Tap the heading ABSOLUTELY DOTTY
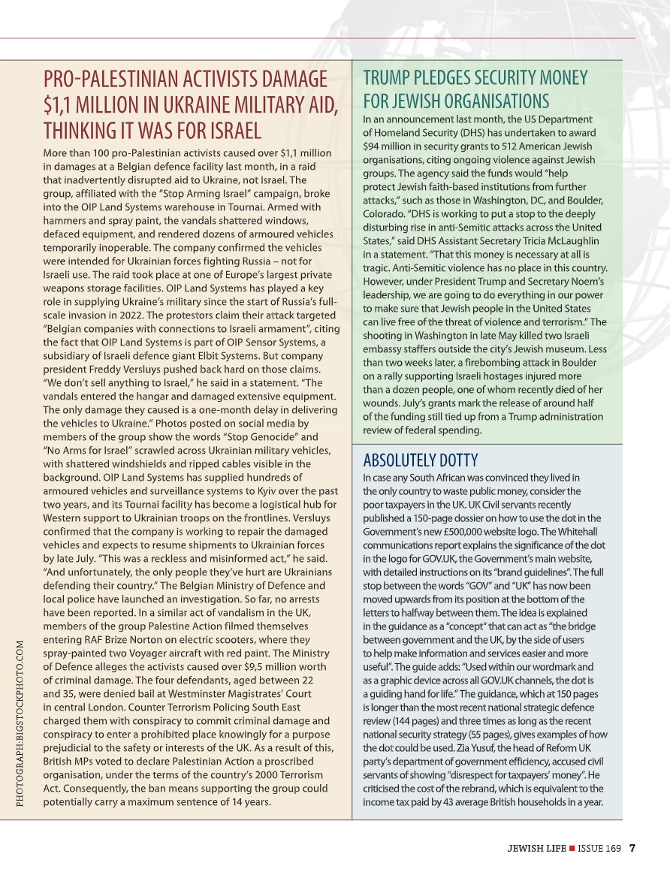click(x=420, y=460)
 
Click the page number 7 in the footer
click(x=632, y=849)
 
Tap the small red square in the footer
click(x=572, y=849)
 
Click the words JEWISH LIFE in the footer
click(x=536, y=849)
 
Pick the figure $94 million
click(x=391, y=146)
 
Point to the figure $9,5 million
click(x=270, y=667)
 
